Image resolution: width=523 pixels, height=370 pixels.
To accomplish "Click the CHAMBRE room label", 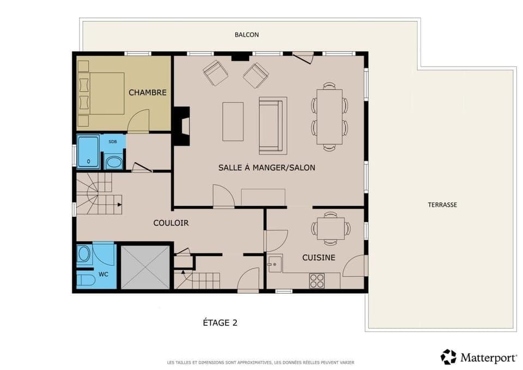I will [147, 93].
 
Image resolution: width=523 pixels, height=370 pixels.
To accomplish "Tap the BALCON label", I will [247, 34].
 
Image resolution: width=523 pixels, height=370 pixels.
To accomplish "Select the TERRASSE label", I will [442, 205].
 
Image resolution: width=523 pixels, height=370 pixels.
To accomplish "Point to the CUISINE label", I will [319, 257].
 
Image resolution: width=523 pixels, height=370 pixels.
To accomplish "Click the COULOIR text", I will [171, 223].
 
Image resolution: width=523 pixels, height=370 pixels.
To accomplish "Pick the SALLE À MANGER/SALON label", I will [266, 168].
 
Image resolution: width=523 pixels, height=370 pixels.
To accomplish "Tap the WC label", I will [104, 274].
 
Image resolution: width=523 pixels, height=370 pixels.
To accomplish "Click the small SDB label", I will [113, 141].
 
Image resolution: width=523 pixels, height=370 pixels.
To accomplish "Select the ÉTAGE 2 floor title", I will [220, 323].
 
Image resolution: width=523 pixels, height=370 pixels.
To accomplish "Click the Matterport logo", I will [478, 357].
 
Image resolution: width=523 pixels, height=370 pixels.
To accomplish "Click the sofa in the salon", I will [272, 125].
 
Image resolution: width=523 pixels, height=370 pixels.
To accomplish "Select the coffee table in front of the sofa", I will [233, 122].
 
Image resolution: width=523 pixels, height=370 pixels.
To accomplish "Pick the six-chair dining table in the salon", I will [330, 116].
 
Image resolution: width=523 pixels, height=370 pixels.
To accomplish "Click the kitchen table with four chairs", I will [330, 228].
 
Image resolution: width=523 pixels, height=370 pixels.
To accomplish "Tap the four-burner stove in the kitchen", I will [317, 281].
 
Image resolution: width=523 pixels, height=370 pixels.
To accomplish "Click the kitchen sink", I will [273, 264].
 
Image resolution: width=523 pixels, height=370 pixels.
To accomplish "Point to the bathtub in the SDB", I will [88, 152].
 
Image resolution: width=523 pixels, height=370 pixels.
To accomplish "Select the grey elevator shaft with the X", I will [144, 267].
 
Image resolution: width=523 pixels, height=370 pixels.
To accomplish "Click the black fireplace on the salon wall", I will [181, 126].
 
